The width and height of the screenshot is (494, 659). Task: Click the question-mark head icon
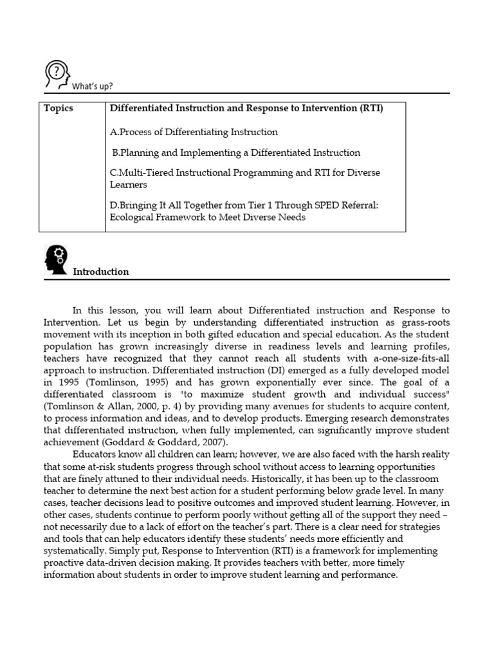click(x=57, y=74)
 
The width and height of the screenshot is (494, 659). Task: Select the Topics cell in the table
click(x=59, y=108)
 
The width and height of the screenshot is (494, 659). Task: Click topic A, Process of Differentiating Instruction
click(x=194, y=132)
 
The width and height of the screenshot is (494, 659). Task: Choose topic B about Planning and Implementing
click(x=236, y=153)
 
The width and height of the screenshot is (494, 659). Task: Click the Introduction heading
click(x=100, y=272)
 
